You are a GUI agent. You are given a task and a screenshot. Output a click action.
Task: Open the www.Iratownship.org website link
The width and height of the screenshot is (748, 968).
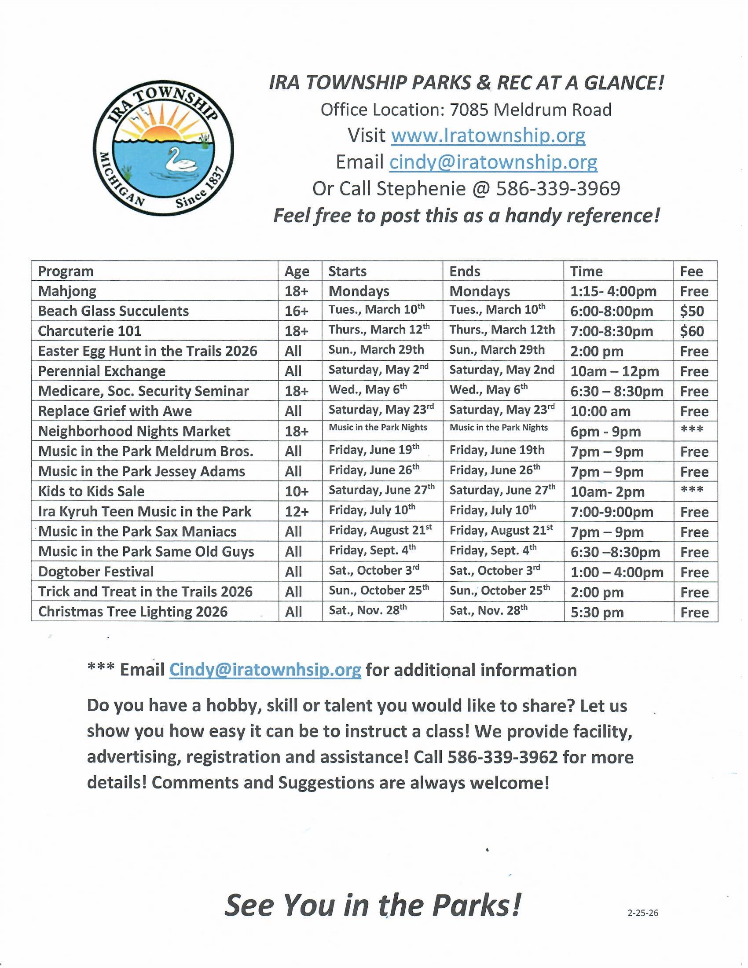(x=488, y=135)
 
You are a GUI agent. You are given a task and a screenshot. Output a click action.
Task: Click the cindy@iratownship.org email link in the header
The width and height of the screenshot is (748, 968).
(x=493, y=162)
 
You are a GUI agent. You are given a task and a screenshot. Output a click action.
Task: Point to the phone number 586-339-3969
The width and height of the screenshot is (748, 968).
(x=558, y=189)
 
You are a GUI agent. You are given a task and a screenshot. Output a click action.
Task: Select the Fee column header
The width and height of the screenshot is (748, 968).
(x=691, y=271)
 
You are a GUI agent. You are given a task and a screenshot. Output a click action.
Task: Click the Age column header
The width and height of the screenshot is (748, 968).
(x=297, y=271)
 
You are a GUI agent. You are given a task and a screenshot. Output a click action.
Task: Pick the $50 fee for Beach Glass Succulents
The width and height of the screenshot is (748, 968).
(x=692, y=311)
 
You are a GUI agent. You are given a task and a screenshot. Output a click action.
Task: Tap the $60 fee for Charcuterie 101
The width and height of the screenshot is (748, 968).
(x=692, y=331)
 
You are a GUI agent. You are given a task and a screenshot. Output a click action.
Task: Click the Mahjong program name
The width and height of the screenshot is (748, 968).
(x=67, y=291)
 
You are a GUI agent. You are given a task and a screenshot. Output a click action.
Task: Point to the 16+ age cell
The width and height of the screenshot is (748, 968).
(x=296, y=311)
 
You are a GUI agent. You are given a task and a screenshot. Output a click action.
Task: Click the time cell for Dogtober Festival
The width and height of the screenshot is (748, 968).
(x=617, y=572)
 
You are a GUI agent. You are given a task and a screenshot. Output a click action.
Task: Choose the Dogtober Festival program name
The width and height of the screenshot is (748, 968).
(x=96, y=572)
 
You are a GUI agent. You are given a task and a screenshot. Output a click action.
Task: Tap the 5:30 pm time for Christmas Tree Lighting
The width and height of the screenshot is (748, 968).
(x=597, y=612)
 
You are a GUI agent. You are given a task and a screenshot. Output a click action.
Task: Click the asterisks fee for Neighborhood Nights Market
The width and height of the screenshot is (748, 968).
(x=692, y=430)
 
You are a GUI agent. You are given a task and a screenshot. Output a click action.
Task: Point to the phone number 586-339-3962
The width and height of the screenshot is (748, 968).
(x=502, y=757)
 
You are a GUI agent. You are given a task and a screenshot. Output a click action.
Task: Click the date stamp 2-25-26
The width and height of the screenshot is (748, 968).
(x=642, y=913)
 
